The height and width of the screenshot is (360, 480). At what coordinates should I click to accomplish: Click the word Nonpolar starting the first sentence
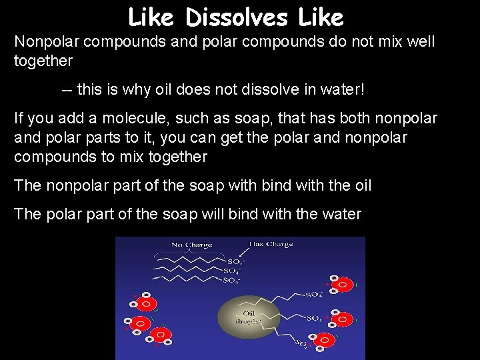45,42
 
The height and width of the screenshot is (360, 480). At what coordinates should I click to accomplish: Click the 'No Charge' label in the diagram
191,245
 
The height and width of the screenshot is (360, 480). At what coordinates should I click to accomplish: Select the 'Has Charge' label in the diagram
271,244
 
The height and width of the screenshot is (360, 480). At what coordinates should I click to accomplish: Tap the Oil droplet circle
248,316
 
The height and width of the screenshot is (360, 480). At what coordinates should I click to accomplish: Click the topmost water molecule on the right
342,285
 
